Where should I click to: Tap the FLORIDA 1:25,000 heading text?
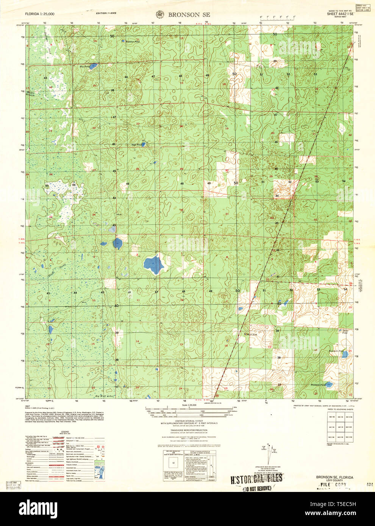coord(39,14)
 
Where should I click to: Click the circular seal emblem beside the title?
coord(159,14)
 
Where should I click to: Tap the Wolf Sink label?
coord(251,335)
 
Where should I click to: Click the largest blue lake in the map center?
coord(153,264)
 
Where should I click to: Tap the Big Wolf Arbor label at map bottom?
coord(104,396)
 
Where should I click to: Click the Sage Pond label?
coord(136,145)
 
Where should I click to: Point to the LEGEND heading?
coord(65,431)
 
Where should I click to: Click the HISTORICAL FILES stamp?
coord(256,479)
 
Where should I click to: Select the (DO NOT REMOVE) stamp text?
coord(257,488)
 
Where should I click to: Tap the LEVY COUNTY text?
coord(334,481)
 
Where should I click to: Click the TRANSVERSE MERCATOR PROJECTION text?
coord(189,430)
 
